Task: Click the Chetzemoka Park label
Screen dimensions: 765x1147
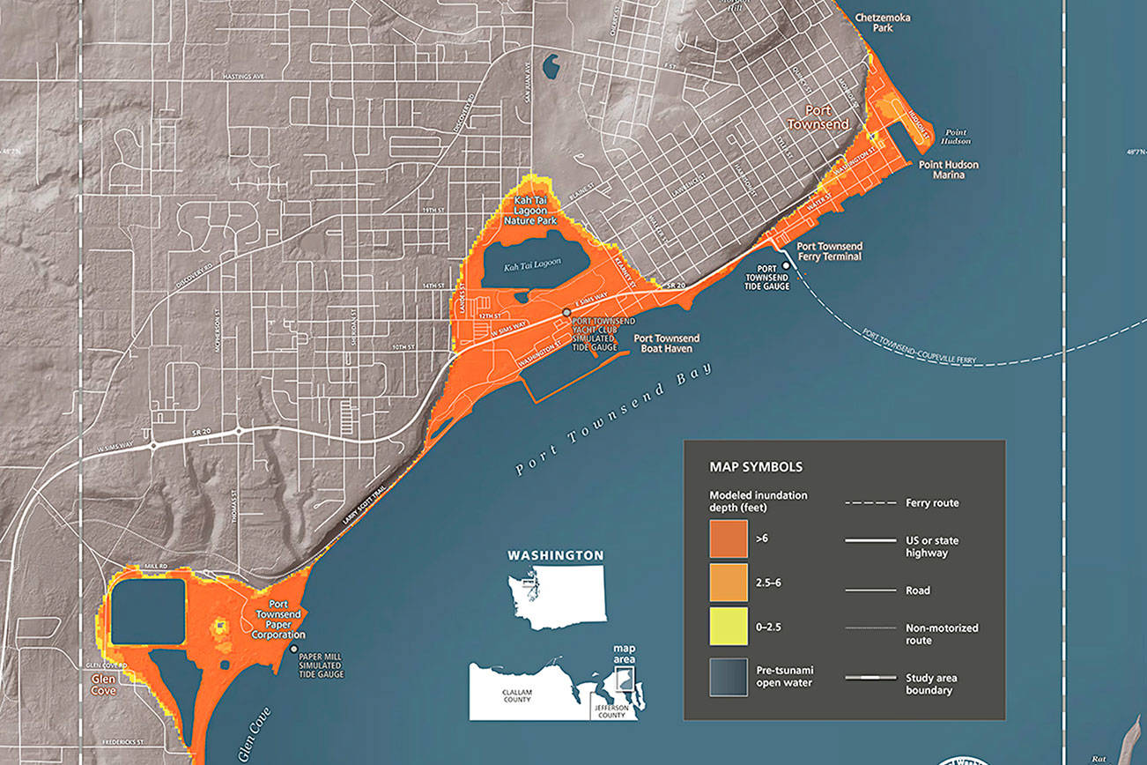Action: (x=871, y=22)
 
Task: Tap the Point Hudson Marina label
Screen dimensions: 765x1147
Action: (x=949, y=169)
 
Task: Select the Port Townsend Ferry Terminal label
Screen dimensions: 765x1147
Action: (x=829, y=251)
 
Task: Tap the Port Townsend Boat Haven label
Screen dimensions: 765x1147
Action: (x=667, y=343)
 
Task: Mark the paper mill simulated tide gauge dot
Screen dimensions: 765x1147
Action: (x=293, y=649)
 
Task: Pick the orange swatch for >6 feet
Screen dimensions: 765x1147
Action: (x=728, y=538)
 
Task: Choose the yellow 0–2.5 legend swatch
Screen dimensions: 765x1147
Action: (x=728, y=626)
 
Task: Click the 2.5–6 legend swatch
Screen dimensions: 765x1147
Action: (x=728, y=582)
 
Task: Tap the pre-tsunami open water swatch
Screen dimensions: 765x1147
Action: (x=728, y=677)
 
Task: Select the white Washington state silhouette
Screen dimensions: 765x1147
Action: (x=555, y=596)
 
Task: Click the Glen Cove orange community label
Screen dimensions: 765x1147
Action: (x=104, y=685)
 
